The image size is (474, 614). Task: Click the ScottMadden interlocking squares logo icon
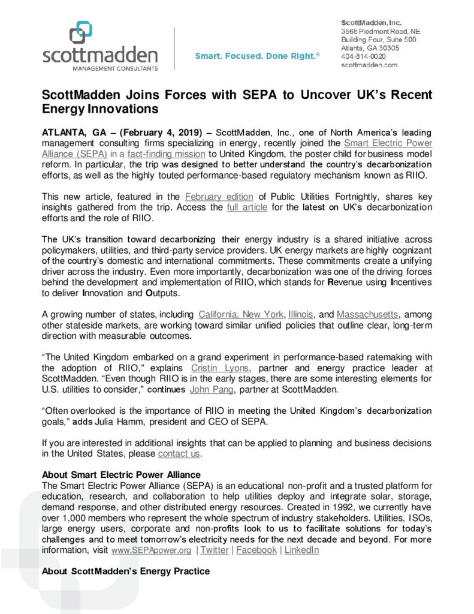81,32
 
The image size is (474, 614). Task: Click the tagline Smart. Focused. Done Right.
257,56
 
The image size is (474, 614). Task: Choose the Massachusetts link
368,314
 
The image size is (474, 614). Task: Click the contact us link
179,453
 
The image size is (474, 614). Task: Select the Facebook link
256,550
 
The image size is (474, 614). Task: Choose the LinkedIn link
301,550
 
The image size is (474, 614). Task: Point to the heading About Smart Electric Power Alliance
121,475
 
